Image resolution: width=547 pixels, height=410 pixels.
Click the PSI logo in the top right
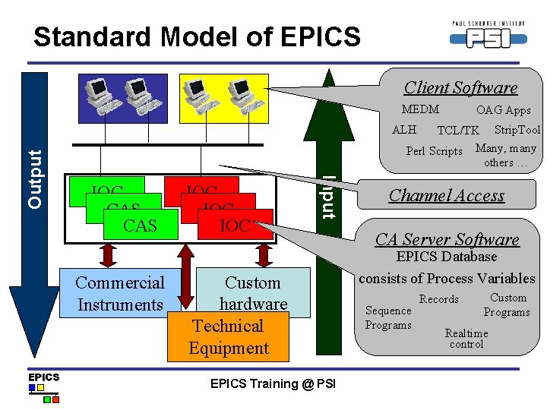[x=488, y=34]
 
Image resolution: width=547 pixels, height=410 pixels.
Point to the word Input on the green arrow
[x=328, y=197]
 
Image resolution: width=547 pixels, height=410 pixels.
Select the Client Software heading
[x=460, y=88]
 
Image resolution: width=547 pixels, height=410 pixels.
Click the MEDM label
[x=420, y=109]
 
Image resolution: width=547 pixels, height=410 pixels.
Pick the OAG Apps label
[x=503, y=110]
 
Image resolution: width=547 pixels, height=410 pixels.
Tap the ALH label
[x=404, y=130]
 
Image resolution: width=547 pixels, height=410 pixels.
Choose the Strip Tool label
[x=517, y=130]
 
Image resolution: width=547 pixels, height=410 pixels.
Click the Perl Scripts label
[x=434, y=151]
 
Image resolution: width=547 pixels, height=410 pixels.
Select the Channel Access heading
[x=447, y=195]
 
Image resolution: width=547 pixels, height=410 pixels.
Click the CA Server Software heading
[x=447, y=240]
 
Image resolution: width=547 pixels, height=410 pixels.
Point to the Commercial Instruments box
[x=120, y=294]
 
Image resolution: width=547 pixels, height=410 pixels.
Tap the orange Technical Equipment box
[x=229, y=337]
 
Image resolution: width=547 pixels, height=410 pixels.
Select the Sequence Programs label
[x=388, y=318]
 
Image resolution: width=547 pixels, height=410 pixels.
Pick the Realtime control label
[x=466, y=339]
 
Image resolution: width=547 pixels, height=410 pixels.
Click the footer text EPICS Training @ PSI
[x=273, y=384]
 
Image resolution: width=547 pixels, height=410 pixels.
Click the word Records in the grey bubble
[x=439, y=299]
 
